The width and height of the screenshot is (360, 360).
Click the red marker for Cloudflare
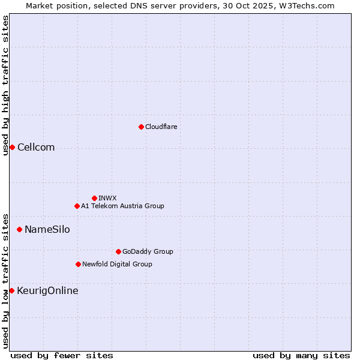pyautogui.click(x=141, y=127)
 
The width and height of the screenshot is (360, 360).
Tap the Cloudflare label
pyautogui.click(x=161, y=127)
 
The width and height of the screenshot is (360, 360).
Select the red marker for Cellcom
pyautogui.click(x=12, y=148)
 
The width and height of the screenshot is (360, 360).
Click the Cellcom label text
pyautogui.click(x=36, y=148)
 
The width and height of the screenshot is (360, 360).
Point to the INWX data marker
pyautogui.click(x=94, y=198)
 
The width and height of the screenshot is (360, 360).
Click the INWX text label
pyautogui.click(x=107, y=198)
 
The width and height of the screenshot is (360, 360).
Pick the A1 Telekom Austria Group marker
pyautogui.click(x=77, y=206)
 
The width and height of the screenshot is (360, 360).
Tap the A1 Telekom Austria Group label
pyautogui.click(x=122, y=206)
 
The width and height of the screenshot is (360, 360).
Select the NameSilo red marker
pyautogui.click(x=19, y=229)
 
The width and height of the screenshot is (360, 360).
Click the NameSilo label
pyautogui.click(x=47, y=230)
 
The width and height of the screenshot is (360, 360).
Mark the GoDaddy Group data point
pyautogui.click(x=118, y=251)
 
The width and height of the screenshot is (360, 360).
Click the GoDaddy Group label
pyautogui.click(x=148, y=251)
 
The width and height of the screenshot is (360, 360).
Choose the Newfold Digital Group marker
pyautogui.click(x=78, y=264)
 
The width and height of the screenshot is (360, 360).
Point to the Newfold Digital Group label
pyautogui.click(x=117, y=264)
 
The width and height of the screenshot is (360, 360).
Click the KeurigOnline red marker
pyautogui.click(x=11, y=290)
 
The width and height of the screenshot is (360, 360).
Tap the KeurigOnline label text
pyautogui.click(x=47, y=291)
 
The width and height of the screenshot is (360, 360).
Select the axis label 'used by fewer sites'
pyautogui.click(x=62, y=355)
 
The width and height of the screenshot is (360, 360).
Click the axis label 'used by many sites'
pyautogui.click(x=301, y=355)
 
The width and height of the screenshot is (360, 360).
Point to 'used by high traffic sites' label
pyautogui.click(x=5, y=85)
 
